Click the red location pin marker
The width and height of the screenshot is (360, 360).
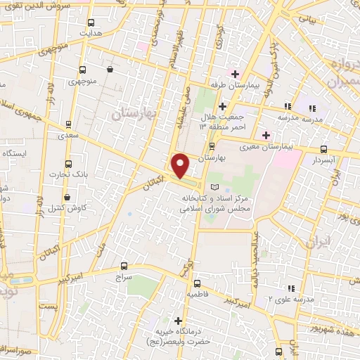tap(181, 165)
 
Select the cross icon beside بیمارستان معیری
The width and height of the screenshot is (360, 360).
tap(266, 135)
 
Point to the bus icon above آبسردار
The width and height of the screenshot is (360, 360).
tap(323, 149)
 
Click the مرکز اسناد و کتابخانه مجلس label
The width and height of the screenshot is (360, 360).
tap(211, 204)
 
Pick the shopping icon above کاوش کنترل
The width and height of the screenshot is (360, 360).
tap(67, 197)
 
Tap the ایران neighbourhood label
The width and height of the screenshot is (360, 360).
tap(318, 243)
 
